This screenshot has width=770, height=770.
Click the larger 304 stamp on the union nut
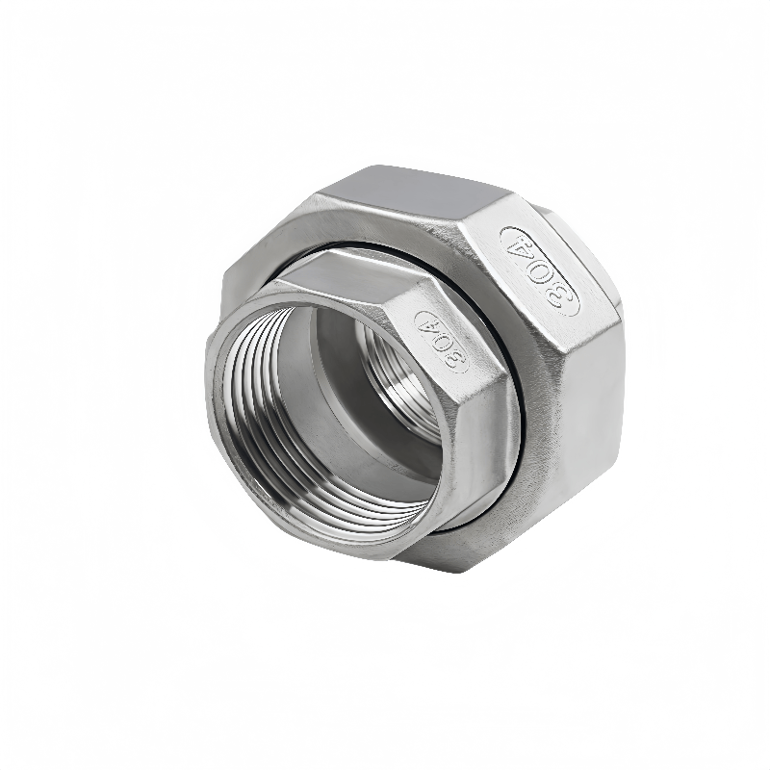pos(540,271)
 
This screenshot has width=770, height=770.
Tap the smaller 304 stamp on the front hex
pos(441,342)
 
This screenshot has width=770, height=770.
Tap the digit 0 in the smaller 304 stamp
pos(442,342)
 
